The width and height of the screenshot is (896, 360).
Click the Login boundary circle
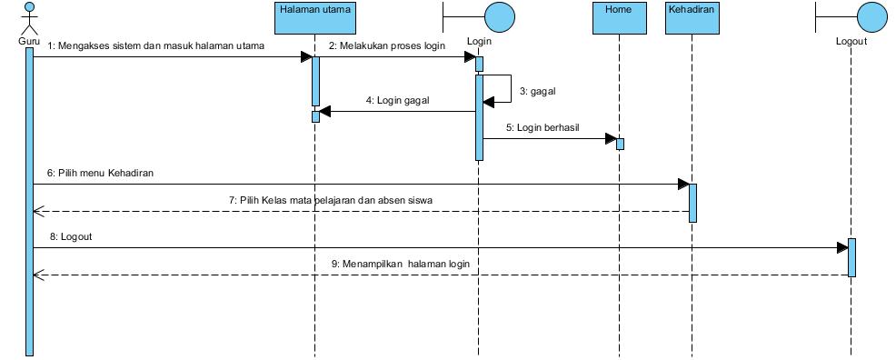[499, 16]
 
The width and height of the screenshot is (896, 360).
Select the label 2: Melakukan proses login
[387, 45]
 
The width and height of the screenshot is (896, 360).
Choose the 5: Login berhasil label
[548, 128]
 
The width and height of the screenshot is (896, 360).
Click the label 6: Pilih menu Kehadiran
[101, 173]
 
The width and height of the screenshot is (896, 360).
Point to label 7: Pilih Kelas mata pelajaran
[336, 199]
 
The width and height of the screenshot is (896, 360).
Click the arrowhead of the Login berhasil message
[610, 139]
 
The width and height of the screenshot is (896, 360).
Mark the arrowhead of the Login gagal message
[325, 112]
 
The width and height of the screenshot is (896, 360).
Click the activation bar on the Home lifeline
[620, 144]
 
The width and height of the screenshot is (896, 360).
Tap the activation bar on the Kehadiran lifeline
[692, 203]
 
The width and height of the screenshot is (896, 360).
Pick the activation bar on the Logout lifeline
[851, 257]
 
